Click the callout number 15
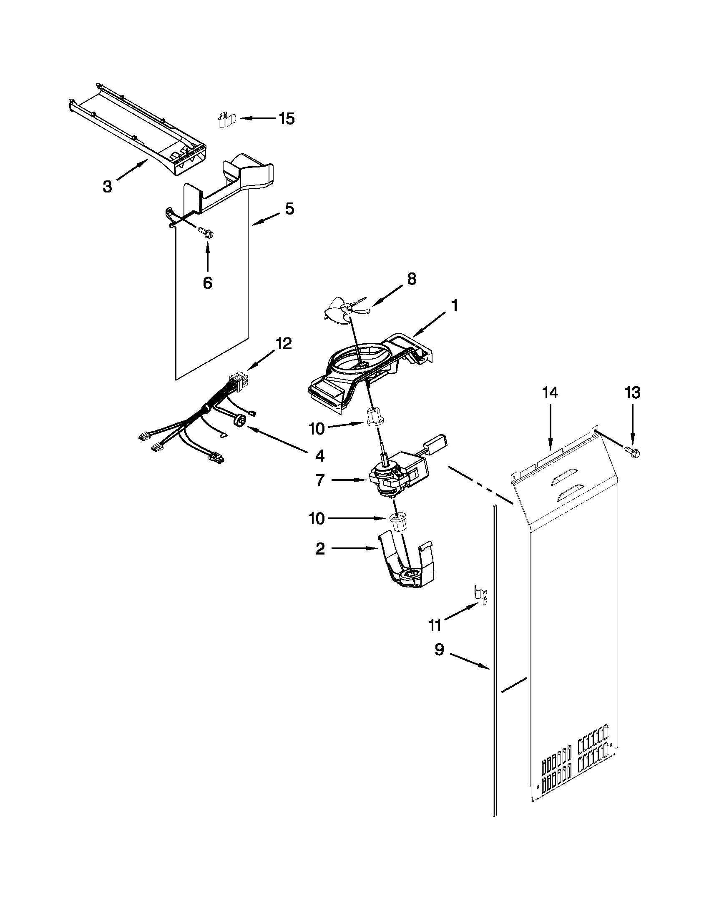287,119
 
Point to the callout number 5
289,209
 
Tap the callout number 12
283,343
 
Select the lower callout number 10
317,519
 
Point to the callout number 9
439,650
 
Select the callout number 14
550,393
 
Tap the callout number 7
320,480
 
